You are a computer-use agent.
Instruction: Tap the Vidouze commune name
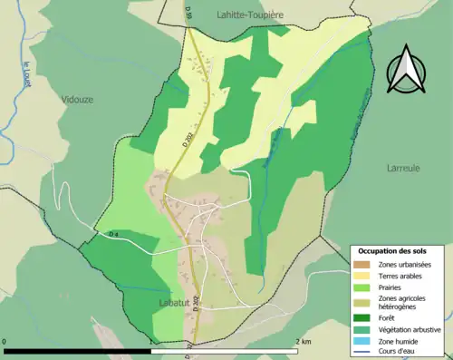(x=78, y=99)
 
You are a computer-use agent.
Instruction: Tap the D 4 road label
(x=114, y=235)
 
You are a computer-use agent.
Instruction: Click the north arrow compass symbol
(x=404, y=69)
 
